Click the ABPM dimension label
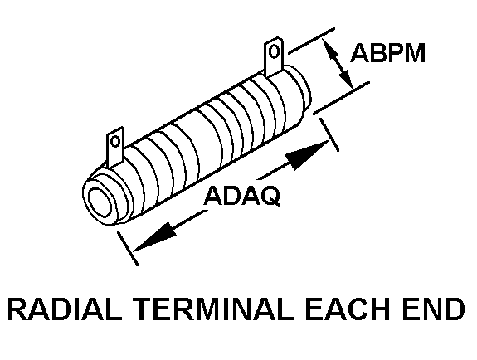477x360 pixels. [388, 53]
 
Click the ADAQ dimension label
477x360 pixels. [242, 196]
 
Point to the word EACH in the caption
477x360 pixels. [347, 309]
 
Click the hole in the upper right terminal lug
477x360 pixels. [275, 51]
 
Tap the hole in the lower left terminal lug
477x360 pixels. [115, 141]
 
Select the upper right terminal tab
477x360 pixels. [274, 57]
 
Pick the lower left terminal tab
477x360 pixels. [115, 147]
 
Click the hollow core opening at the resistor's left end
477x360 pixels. [100, 202]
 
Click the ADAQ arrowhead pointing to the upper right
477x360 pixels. [308, 154]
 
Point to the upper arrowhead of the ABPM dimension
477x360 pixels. [330, 49]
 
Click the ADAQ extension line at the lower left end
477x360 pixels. [128, 249]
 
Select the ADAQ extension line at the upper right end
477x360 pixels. [329, 134]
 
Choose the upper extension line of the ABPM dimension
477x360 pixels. [312, 41]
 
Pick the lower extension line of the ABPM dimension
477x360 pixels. [342, 98]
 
